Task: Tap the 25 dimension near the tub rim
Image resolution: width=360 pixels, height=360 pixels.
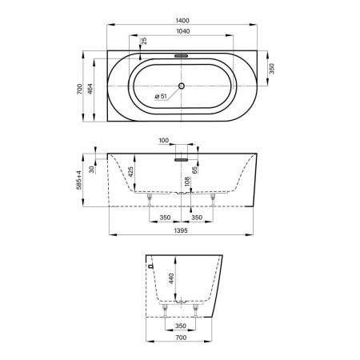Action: click(x=143, y=42)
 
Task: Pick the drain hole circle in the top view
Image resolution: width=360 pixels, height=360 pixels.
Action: click(x=181, y=86)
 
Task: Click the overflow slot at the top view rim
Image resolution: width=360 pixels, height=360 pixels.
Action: click(x=181, y=57)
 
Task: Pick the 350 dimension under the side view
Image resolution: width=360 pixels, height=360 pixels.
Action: click(x=181, y=326)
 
